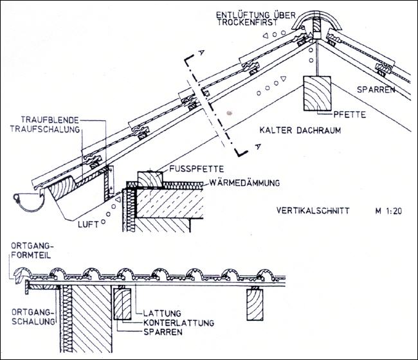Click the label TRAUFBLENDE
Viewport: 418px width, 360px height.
(50, 120)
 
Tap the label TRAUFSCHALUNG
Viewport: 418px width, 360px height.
(45, 129)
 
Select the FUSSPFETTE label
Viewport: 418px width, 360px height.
(197, 169)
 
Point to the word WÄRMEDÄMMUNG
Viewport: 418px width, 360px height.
(244, 183)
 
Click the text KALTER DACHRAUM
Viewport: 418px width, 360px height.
(300, 130)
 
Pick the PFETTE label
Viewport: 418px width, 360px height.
(349, 114)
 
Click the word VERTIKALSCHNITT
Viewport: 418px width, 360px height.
(313, 211)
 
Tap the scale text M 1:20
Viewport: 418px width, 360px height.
(388, 211)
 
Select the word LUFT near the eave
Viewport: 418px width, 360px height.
(88, 224)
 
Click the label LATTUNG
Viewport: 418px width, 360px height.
(162, 313)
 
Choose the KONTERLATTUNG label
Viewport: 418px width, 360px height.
(179, 323)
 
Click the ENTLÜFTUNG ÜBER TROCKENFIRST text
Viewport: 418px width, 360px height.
(256, 19)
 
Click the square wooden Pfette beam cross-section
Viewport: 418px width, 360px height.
(317, 93)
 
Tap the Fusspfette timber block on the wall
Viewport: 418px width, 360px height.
(150, 180)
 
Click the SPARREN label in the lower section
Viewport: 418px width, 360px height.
(163, 332)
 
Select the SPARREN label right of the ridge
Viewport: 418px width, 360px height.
(376, 89)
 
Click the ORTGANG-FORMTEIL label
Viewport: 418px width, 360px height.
(31, 250)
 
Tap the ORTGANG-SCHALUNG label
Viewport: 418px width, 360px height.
(33, 316)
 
